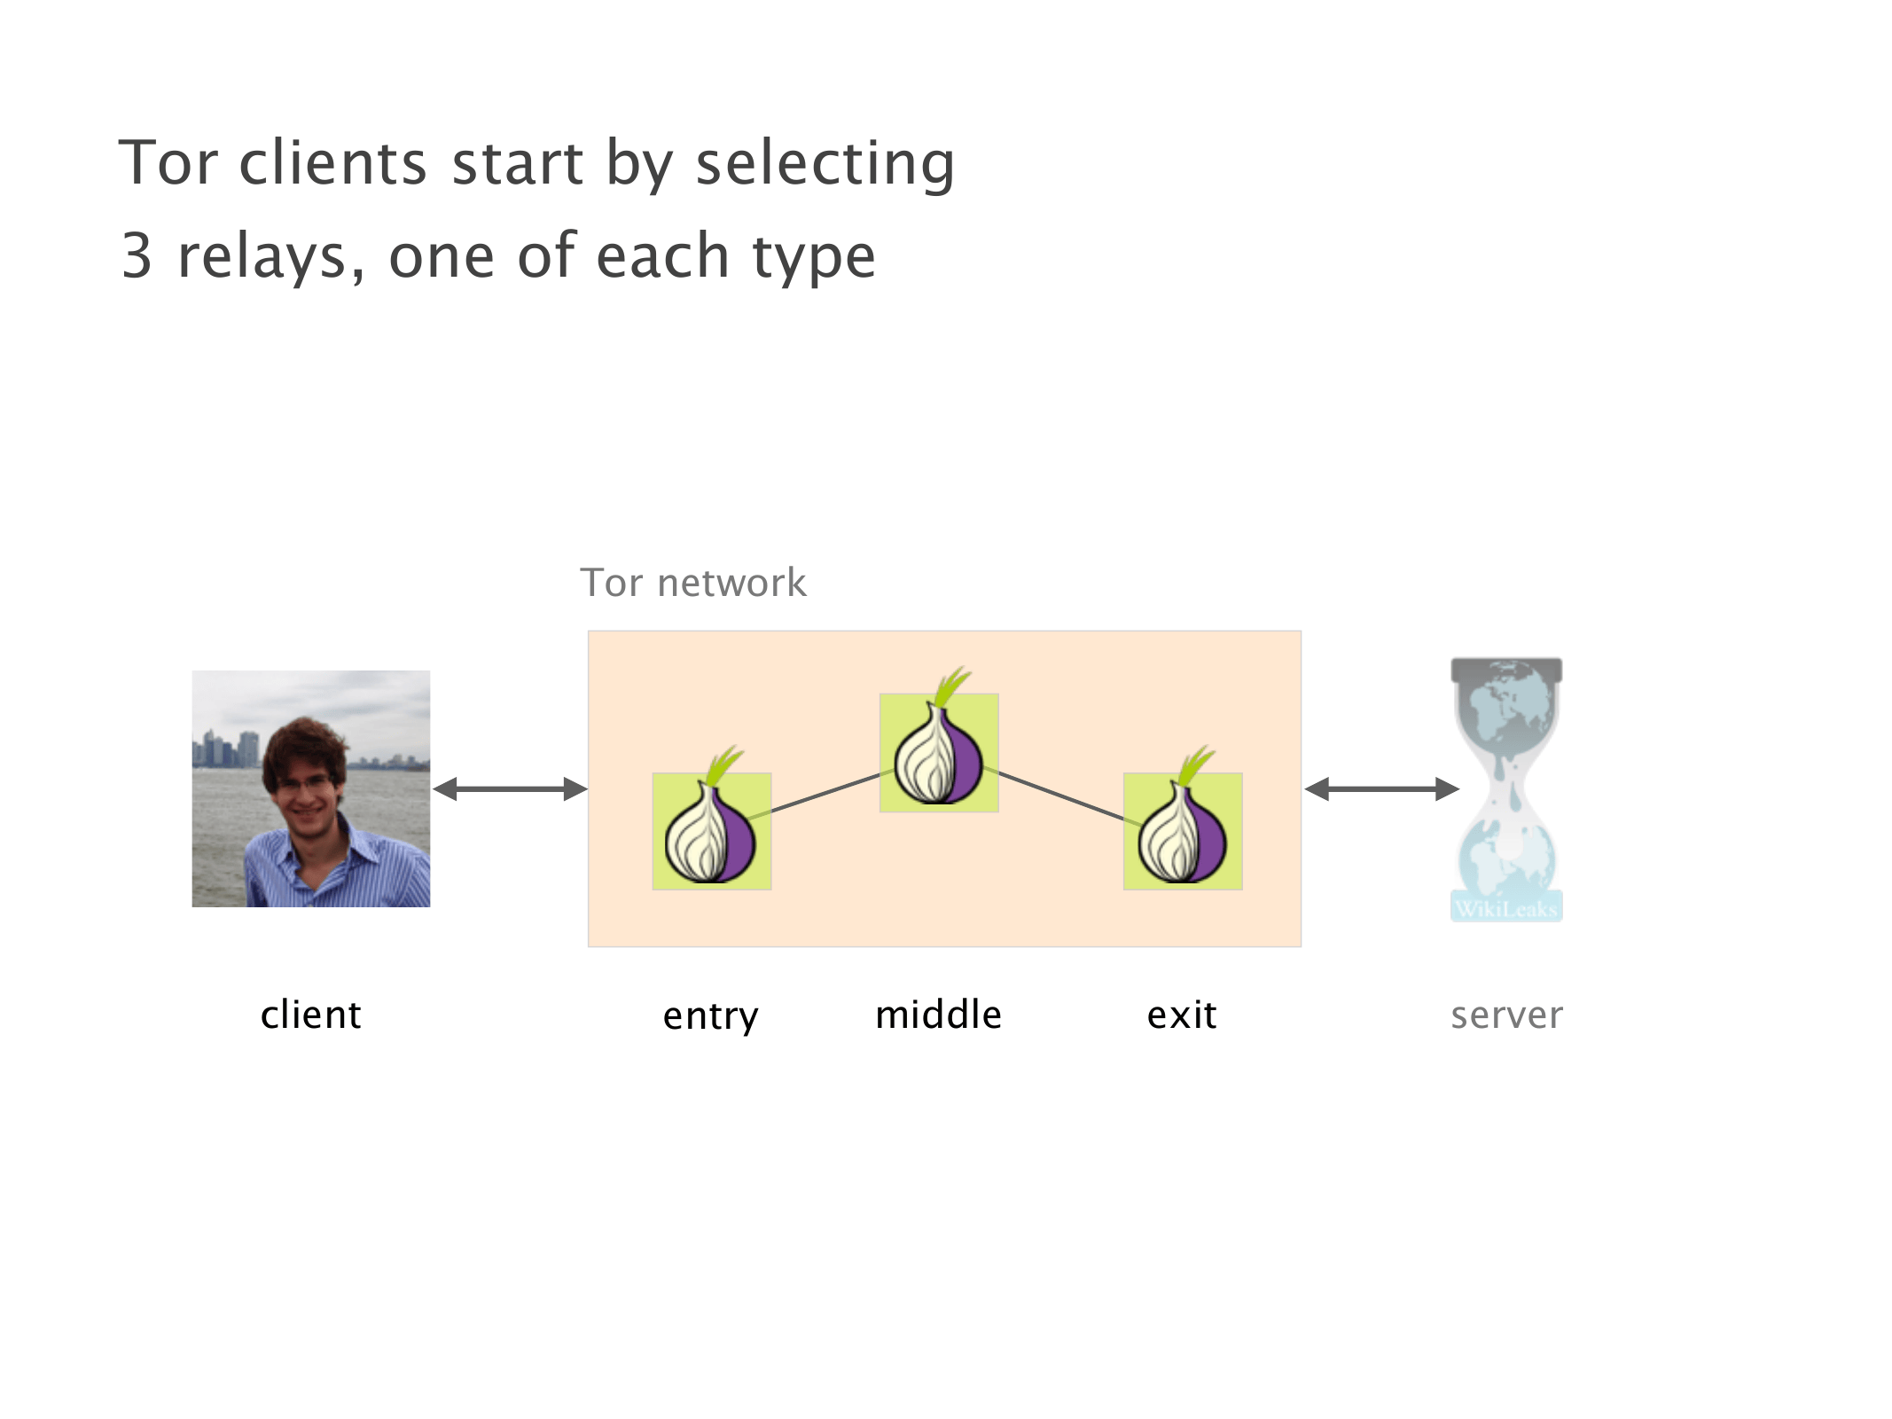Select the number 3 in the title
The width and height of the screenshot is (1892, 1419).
pyautogui.click(x=137, y=256)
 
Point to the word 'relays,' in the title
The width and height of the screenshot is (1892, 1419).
pyautogui.click(x=271, y=256)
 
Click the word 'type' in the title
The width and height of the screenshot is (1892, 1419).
pyautogui.click(x=814, y=256)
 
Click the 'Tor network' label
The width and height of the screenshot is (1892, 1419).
pyautogui.click(x=693, y=584)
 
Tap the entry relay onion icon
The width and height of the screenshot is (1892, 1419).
pyautogui.click(x=711, y=830)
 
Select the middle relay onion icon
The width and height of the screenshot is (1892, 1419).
pyautogui.click(x=938, y=752)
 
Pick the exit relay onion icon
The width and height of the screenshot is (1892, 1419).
pyautogui.click(x=1182, y=830)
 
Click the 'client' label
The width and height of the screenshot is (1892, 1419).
pyautogui.click(x=310, y=1015)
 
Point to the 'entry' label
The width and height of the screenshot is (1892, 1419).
pyautogui.click(x=710, y=1015)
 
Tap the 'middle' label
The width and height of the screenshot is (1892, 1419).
pyautogui.click(x=938, y=1015)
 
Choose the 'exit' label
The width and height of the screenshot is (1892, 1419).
pyautogui.click(x=1181, y=1015)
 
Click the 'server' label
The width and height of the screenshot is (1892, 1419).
pyautogui.click(x=1506, y=1015)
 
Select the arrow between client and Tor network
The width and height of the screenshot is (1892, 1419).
pyautogui.click(x=510, y=788)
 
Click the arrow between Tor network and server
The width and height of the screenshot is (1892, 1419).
pyautogui.click(x=1381, y=788)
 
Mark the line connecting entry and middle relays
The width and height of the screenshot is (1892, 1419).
pyautogui.click(x=825, y=793)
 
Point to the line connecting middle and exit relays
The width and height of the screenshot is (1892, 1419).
pyautogui.click(x=1060, y=795)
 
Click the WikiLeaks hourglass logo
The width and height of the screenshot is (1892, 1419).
pyautogui.click(x=1506, y=788)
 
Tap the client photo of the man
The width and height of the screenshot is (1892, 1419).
pyautogui.click(x=311, y=788)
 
